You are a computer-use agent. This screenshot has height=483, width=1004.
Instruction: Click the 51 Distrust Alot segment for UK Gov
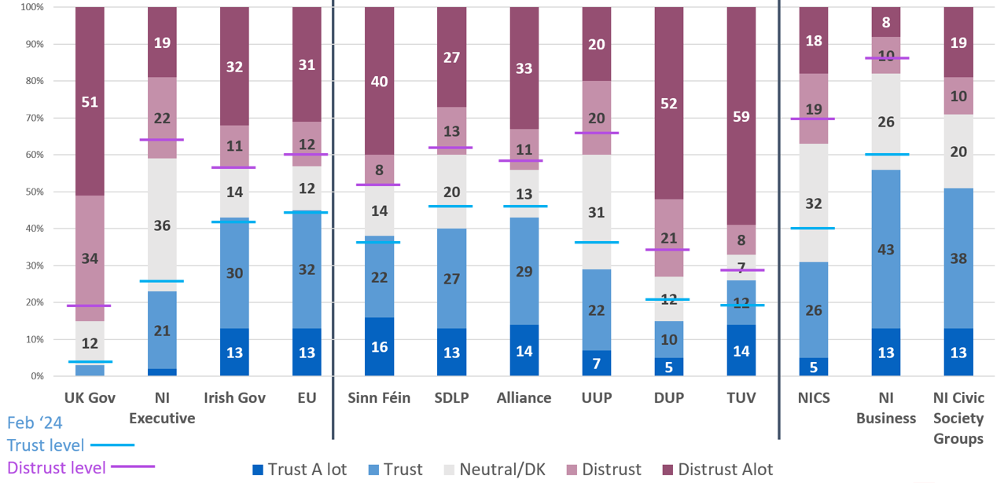coord(90,101)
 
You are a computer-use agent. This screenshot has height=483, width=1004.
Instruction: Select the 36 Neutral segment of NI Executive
coord(162,225)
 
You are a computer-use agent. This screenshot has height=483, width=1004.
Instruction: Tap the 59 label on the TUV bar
coord(741,117)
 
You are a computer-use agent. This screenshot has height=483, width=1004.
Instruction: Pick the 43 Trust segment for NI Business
coord(885,250)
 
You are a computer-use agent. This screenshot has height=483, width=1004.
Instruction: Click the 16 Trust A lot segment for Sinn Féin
coord(379,347)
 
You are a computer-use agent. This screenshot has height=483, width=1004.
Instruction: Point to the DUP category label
coord(668,398)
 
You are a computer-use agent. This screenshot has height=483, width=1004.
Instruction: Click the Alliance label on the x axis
coord(524,398)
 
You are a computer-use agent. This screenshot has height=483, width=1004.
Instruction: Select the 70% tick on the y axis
coord(32,118)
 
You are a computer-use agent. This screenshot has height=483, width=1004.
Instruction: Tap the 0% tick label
coord(35,376)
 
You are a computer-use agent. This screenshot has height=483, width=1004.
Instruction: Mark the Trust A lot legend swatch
coord(258,470)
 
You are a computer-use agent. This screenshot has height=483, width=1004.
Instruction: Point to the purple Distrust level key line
coord(133,467)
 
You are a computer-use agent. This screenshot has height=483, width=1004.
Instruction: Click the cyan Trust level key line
coord(112,445)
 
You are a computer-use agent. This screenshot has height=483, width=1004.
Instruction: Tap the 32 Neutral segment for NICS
coord(813,203)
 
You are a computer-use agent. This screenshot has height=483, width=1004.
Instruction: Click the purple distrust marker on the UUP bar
coord(596,133)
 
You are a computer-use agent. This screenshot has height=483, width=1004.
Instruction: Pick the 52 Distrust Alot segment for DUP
coord(668,103)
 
